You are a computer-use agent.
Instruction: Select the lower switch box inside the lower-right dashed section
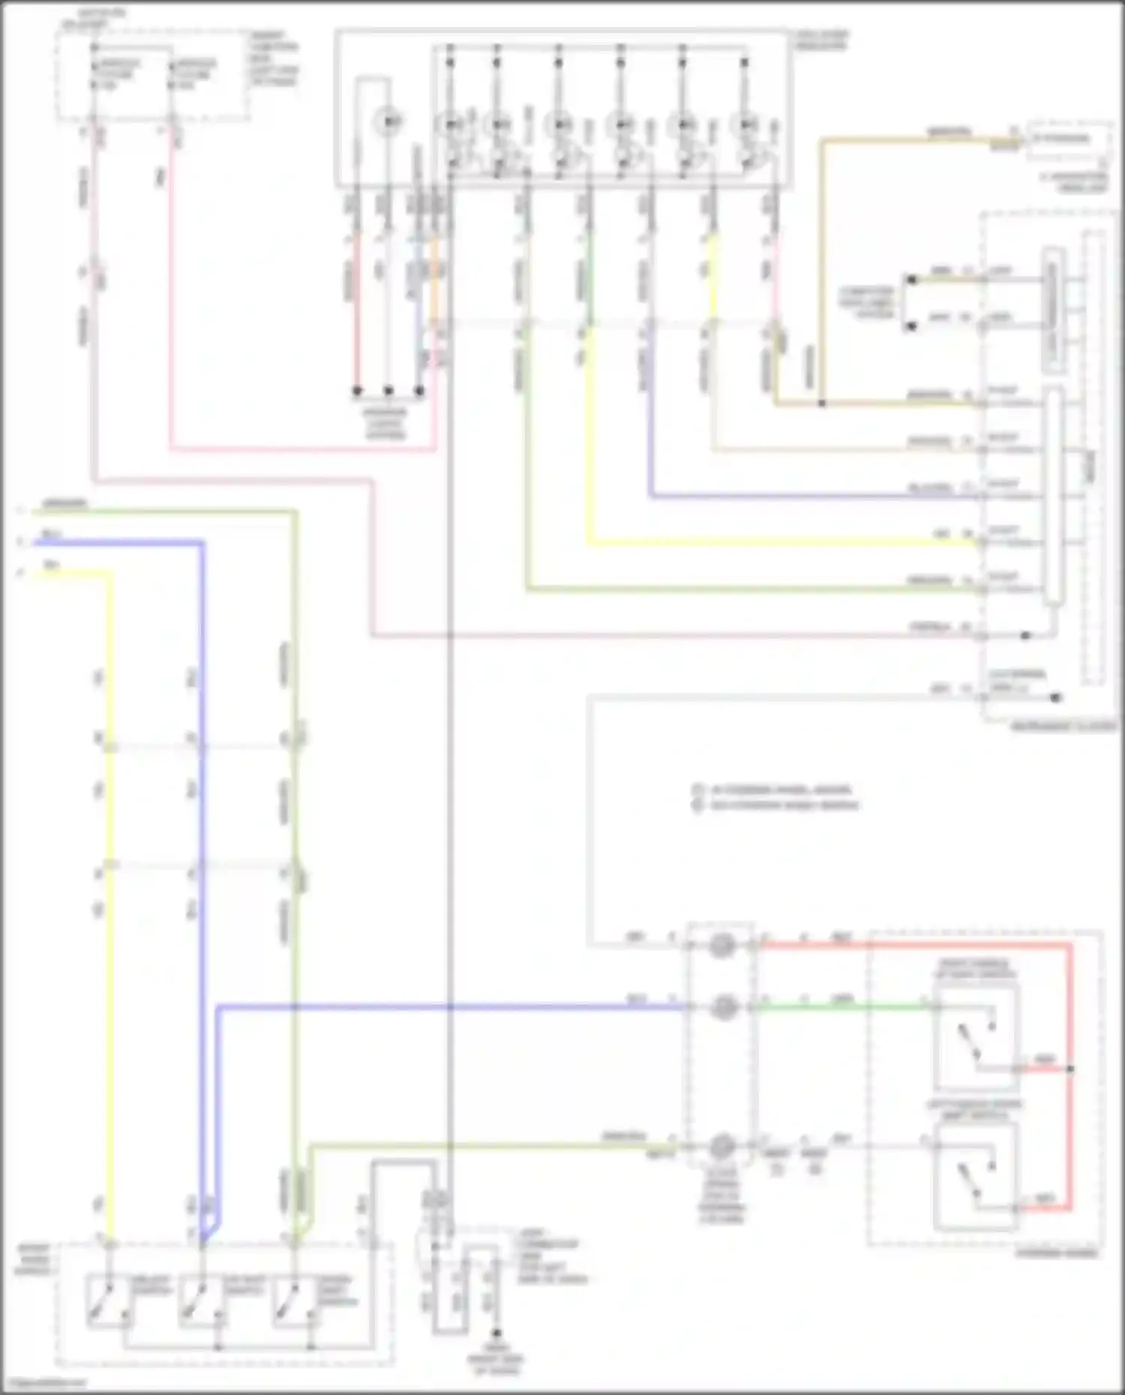(x=975, y=1178)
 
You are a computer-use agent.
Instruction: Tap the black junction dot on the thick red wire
(x=1070, y=1068)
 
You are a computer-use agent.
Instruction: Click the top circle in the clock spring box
(x=722, y=946)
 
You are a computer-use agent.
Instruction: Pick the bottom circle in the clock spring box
(x=722, y=1146)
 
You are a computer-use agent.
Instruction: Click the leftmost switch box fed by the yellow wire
(x=109, y=1301)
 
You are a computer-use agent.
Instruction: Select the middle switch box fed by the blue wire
(x=201, y=1301)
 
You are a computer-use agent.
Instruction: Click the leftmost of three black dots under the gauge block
(x=357, y=391)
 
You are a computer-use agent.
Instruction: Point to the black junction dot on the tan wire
(x=822, y=404)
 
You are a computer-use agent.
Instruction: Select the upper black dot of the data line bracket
(x=911, y=280)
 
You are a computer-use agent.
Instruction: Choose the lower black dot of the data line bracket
(x=911, y=327)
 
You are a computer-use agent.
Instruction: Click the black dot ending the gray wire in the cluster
(x=1055, y=698)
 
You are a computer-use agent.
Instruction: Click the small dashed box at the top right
(x=1069, y=139)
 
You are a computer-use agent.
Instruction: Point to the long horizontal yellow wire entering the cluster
(x=780, y=543)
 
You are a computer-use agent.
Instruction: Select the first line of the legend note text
(x=780, y=789)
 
